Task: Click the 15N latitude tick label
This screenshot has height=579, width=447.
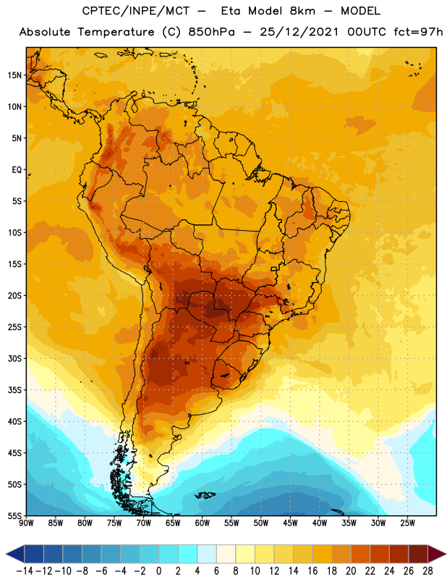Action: (x=14, y=75)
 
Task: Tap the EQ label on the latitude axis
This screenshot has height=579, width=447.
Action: (x=17, y=170)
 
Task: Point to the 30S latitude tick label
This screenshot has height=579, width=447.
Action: (x=14, y=358)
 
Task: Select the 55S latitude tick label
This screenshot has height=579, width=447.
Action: (x=14, y=516)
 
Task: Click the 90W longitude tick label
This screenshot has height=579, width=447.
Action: (x=26, y=523)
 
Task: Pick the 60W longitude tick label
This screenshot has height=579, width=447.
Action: (x=203, y=523)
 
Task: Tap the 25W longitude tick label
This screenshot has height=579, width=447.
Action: (x=407, y=523)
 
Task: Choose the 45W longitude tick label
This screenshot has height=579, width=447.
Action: (x=290, y=523)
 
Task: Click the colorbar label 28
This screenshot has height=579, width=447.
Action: (x=427, y=571)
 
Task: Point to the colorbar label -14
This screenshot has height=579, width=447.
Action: (x=25, y=571)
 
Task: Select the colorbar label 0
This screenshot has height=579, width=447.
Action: (x=159, y=571)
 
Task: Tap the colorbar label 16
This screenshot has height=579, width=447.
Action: (x=312, y=571)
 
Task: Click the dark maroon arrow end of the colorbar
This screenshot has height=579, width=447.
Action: (x=437, y=554)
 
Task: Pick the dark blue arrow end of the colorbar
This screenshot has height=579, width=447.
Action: (x=15, y=554)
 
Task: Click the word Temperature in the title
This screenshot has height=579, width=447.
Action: (x=116, y=32)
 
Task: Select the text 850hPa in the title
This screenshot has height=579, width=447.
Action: (x=211, y=32)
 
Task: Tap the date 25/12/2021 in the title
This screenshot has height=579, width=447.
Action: (x=299, y=32)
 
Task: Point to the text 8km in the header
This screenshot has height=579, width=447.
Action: (x=302, y=11)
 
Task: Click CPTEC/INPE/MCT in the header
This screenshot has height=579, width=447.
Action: (x=136, y=11)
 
